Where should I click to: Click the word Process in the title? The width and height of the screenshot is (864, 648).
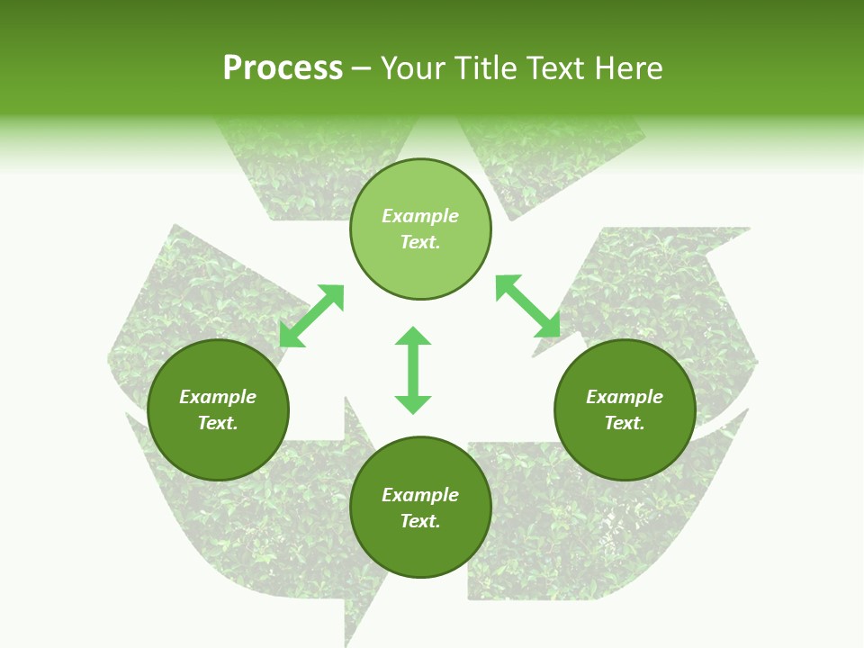283,68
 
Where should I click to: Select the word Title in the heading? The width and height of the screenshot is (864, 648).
489,68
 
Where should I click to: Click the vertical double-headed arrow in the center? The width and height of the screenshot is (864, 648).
413,370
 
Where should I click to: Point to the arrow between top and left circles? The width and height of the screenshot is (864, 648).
311,316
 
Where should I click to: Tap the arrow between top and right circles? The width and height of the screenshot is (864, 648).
527,306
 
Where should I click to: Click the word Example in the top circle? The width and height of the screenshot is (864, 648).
420,216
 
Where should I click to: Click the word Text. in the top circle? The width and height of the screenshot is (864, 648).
420,242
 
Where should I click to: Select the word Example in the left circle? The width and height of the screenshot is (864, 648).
218,397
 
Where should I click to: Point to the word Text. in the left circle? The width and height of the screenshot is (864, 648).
218,423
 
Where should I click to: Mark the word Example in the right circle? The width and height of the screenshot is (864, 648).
625,397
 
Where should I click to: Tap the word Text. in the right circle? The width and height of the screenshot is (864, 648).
625,423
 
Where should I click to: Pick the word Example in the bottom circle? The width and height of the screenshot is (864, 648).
420,495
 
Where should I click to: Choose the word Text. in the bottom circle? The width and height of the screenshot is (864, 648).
420,521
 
